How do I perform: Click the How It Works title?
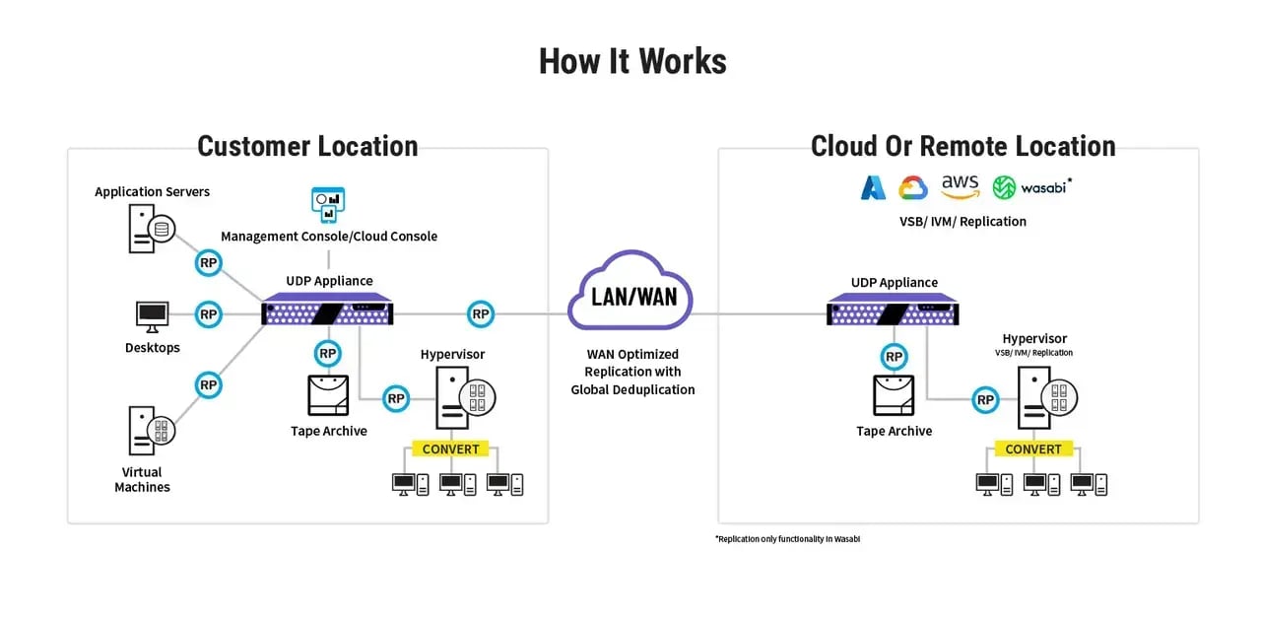[631, 61]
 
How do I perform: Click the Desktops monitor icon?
[152, 316]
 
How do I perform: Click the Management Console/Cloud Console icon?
[327, 204]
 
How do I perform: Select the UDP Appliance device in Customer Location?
[327, 311]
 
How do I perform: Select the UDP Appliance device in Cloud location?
[893, 311]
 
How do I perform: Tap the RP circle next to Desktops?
[208, 314]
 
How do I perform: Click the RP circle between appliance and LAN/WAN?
[480, 314]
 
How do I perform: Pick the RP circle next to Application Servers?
[208, 263]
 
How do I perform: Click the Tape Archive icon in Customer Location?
[328, 395]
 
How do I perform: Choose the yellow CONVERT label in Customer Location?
[450, 449]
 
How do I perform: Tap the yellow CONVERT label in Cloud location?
[1032, 449]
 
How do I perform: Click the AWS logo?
[960, 186]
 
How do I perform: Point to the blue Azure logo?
[873, 187]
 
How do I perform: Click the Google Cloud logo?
[912, 187]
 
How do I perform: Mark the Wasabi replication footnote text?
[787, 539]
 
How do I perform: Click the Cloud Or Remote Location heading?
[962, 146]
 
